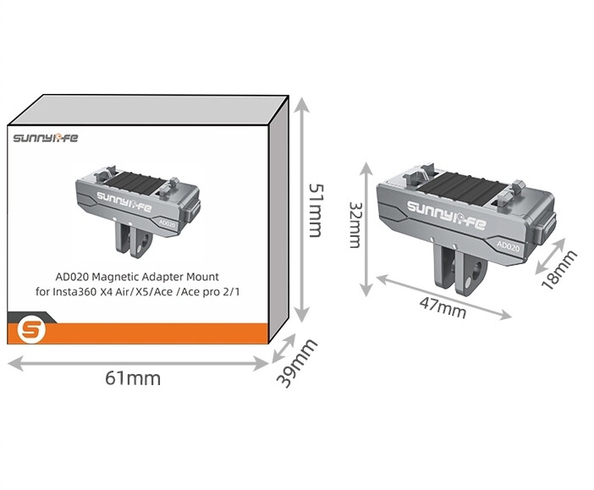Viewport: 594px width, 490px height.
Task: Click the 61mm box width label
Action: (133, 378)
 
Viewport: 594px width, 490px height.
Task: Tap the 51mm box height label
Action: (316, 211)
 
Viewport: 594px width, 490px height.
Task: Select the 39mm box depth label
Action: (297, 363)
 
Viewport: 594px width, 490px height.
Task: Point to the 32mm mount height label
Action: (355, 225)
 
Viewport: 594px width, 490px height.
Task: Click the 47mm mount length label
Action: (443, 308)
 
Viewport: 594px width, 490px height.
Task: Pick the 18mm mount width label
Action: (559, 269)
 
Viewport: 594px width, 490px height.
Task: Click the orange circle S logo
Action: (31, 330)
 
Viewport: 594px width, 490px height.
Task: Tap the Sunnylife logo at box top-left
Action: (46, 138)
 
